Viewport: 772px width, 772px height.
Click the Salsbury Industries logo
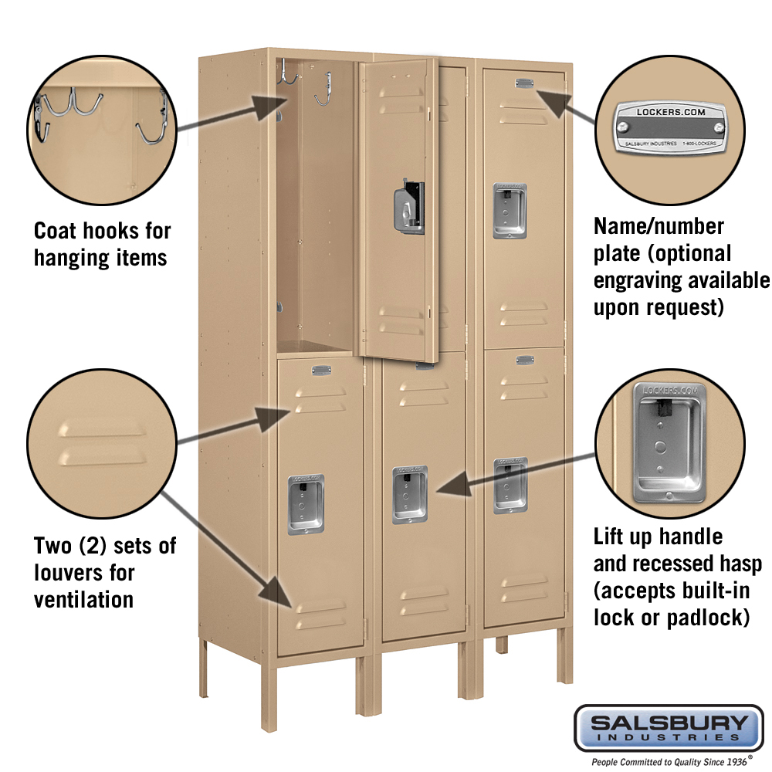669,727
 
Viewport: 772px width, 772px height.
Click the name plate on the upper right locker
525,83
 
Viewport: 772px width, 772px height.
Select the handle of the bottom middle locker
410,494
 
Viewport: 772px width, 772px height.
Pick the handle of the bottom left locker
306,504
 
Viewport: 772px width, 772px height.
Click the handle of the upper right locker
510,211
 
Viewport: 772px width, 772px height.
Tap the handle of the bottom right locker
510,486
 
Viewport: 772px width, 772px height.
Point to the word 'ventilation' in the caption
83,599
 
